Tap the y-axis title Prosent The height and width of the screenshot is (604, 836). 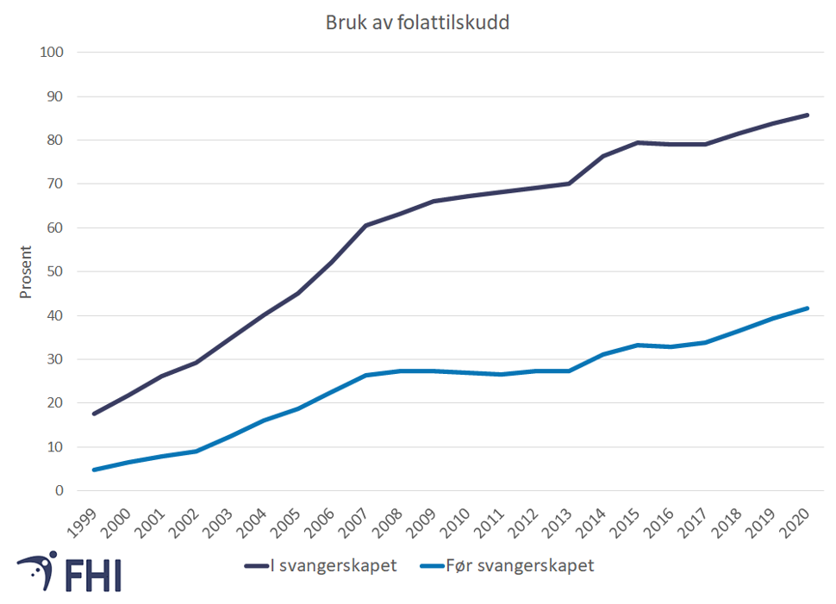26,271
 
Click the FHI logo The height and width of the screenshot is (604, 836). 69,571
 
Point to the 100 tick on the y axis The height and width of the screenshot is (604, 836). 52,53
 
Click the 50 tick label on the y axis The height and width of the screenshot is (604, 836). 55,271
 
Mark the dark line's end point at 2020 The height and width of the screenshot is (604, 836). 808,115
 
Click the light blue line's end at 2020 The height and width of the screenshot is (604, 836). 808,308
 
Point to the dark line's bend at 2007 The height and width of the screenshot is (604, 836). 365,226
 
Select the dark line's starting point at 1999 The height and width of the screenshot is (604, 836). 93,414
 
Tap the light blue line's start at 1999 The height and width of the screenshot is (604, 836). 93,470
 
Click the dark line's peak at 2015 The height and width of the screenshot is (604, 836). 638,142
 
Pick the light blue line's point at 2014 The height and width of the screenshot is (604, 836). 603,354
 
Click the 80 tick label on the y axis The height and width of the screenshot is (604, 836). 55,140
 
